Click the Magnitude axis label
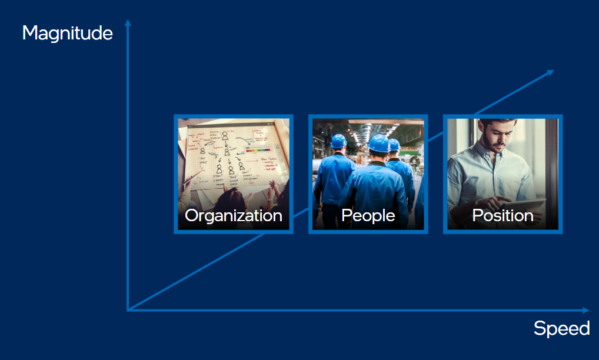tap(68, 33)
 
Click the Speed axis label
tap(561, 328)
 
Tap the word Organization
tap(234, 216)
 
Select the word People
tap(368, 216)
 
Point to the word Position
tap(503, 216)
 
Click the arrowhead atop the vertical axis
tap(128, 23)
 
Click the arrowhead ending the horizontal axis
tap(585, 310)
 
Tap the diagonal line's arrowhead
tap(550, 72)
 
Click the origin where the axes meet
tap(128, 309)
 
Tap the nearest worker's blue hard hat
tap(379, 144)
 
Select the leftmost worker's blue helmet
tap(338, 141)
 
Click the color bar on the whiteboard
tap(258, 150)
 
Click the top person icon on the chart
tap(225, 135)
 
